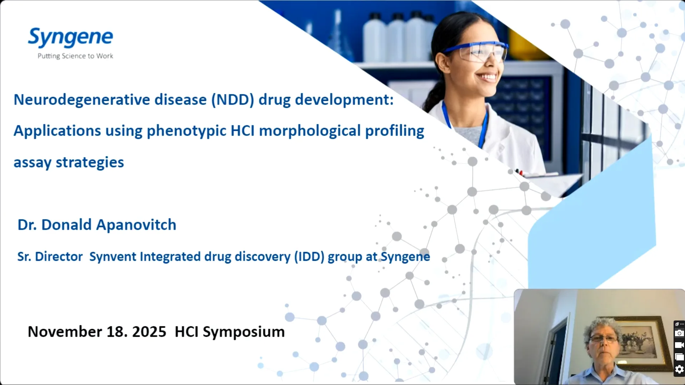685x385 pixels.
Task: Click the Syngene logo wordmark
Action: point(70,37)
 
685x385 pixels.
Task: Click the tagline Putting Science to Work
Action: point(75,56)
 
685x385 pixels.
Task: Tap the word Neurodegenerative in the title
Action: point(81,99)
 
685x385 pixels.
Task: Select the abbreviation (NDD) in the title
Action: point(232,99)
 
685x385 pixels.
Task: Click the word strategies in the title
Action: point(90,162)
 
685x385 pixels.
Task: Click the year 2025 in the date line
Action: point(149,332)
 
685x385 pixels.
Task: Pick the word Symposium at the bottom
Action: point(243,332)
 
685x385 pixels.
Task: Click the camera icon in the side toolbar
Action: point(679,333)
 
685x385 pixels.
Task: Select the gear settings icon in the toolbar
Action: point(679,369)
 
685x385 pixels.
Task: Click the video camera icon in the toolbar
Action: point(679,345)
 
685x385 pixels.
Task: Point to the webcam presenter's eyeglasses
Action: point(603,338)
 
